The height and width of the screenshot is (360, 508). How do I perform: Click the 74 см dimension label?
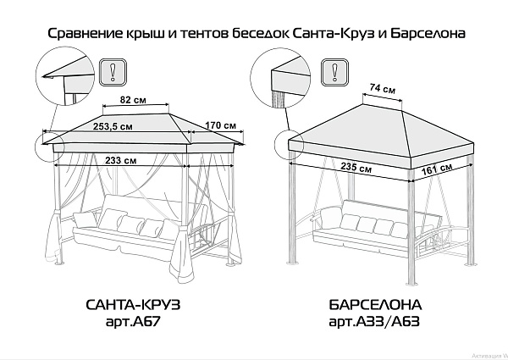tap(384, 89)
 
